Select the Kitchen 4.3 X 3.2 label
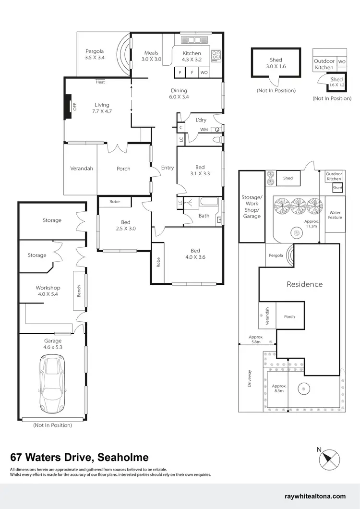tap(192, 57)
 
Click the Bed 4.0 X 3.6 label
tap(195, 254)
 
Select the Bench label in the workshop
tap(79, 291)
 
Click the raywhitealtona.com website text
tap(315, 497)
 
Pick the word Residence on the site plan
tap(304, 284)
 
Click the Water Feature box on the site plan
tap(335, 215)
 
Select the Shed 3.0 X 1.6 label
tap(276, 63)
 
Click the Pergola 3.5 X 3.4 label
tap(95, 54)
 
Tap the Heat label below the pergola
tap(100, 82)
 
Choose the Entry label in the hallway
tap(168, 168)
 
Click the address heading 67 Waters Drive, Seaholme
tap(79, 457)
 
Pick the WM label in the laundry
tap(204, 130)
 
